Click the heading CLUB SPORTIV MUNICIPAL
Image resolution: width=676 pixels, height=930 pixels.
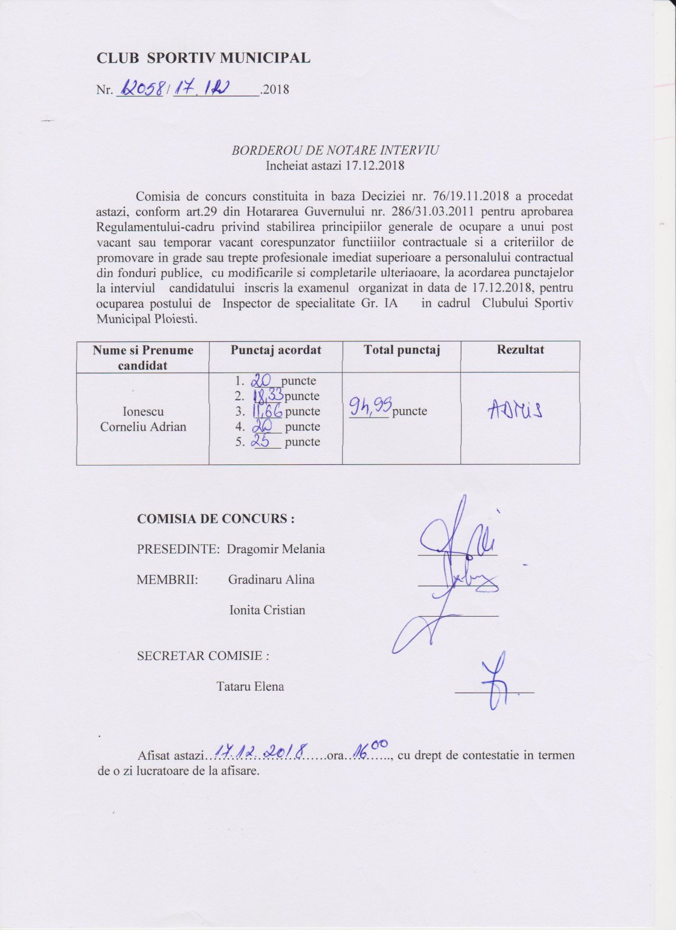(203, 58)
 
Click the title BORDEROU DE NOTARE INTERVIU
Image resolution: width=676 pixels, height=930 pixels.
(335, 150)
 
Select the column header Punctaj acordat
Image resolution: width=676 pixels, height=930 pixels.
(276, 350)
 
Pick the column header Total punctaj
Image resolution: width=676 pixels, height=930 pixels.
(401, 350)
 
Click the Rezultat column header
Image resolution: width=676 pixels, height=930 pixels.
(520, 350)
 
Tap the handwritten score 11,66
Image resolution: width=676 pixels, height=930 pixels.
(267, 411)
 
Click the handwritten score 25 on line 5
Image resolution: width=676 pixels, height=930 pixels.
(261, 441)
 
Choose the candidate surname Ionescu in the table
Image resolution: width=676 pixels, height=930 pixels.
(143, 412)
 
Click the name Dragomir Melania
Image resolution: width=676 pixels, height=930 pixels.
(276, 549)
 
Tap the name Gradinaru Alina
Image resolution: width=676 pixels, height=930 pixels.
(271, 580)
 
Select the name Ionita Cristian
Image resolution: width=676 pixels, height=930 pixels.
(267, 610)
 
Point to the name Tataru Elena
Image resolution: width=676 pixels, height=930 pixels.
(250, 687)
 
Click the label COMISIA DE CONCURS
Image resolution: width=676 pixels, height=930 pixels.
(215, 519)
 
